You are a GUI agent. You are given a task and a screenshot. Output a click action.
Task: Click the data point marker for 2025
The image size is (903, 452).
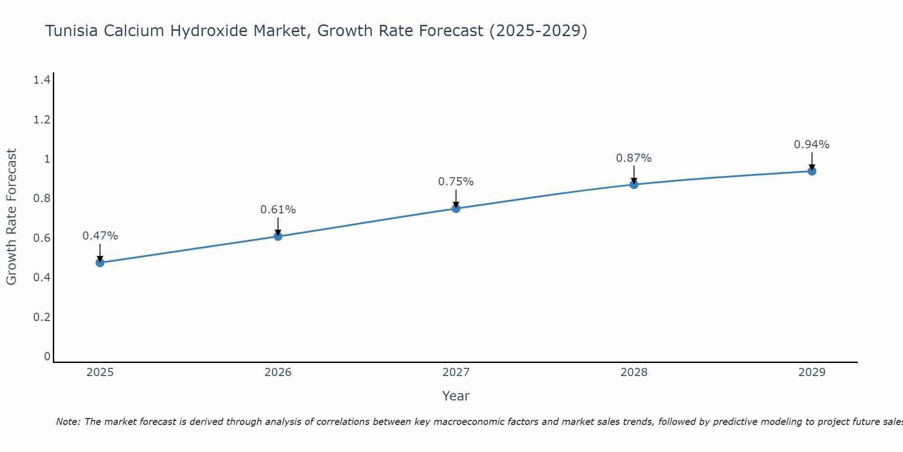100,263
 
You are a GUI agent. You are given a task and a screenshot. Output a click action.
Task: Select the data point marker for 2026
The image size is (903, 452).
278,236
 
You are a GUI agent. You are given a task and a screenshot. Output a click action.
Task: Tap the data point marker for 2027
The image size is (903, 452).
456,208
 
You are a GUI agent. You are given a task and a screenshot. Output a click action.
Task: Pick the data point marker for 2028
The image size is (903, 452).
634,184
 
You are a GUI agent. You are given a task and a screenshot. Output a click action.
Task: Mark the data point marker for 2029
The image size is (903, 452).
812,171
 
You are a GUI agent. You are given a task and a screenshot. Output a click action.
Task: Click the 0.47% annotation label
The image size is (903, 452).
100,236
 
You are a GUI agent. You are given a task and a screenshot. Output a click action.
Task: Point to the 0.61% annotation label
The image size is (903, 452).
278,210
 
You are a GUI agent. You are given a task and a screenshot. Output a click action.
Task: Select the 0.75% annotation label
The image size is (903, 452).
456,182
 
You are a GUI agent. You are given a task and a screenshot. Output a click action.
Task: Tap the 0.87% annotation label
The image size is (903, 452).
634,158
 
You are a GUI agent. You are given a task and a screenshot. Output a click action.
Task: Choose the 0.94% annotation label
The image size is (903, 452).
812,145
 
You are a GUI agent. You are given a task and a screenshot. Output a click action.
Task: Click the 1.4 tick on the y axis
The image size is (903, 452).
42,80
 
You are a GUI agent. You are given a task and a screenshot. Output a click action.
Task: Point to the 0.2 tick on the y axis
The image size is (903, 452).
42,317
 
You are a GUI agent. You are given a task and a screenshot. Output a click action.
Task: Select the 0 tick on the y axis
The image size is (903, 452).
47,357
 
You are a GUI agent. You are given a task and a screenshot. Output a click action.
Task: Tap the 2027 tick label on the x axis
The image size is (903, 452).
456,372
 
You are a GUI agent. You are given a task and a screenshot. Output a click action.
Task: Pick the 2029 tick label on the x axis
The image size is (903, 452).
812,372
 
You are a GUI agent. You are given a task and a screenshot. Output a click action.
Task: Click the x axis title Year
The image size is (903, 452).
456,396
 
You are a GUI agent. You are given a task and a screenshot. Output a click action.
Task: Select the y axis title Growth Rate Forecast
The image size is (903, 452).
12,217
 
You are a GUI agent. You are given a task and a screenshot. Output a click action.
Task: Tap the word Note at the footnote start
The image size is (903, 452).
68,422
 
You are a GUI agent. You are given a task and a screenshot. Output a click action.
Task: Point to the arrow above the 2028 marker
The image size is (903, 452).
634,174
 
